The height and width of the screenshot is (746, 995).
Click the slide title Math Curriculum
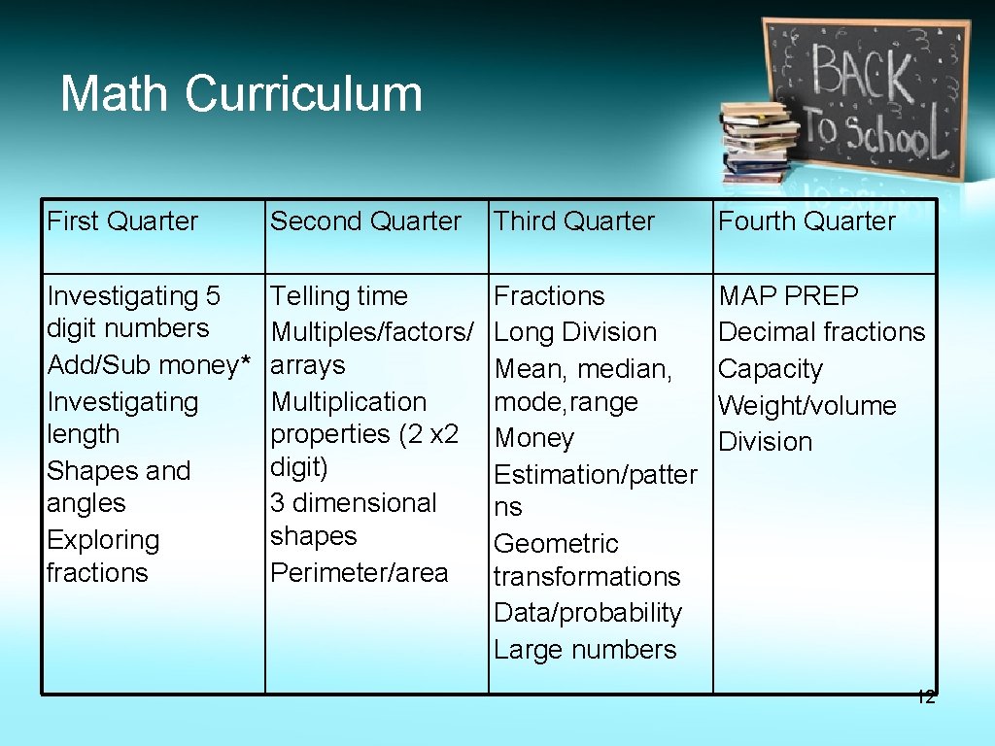(241, 94)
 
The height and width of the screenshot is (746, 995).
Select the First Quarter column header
(122, 221)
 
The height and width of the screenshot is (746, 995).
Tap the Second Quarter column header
(365, 221)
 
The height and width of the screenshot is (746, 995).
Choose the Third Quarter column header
(574, 221)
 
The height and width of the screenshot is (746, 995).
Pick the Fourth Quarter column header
(806, 221)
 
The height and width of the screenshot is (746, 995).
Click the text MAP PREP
(788, 295)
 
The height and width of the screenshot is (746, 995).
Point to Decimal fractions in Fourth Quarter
(821, 332)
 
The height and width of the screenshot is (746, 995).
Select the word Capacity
(770, 369)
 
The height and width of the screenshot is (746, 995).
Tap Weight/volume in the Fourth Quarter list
(806, 405)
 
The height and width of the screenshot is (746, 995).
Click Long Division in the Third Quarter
(575, 332)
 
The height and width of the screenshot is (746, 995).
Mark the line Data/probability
(588, 613)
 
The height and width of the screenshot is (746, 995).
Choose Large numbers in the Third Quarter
(585, 650)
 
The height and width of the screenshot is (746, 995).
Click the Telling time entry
(339, 295)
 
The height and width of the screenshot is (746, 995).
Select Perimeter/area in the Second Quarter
(359, 573)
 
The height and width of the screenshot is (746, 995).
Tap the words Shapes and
(119, 471)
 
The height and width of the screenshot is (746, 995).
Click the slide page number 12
(925, 696)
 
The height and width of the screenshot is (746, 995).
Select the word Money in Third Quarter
(534, 438)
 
